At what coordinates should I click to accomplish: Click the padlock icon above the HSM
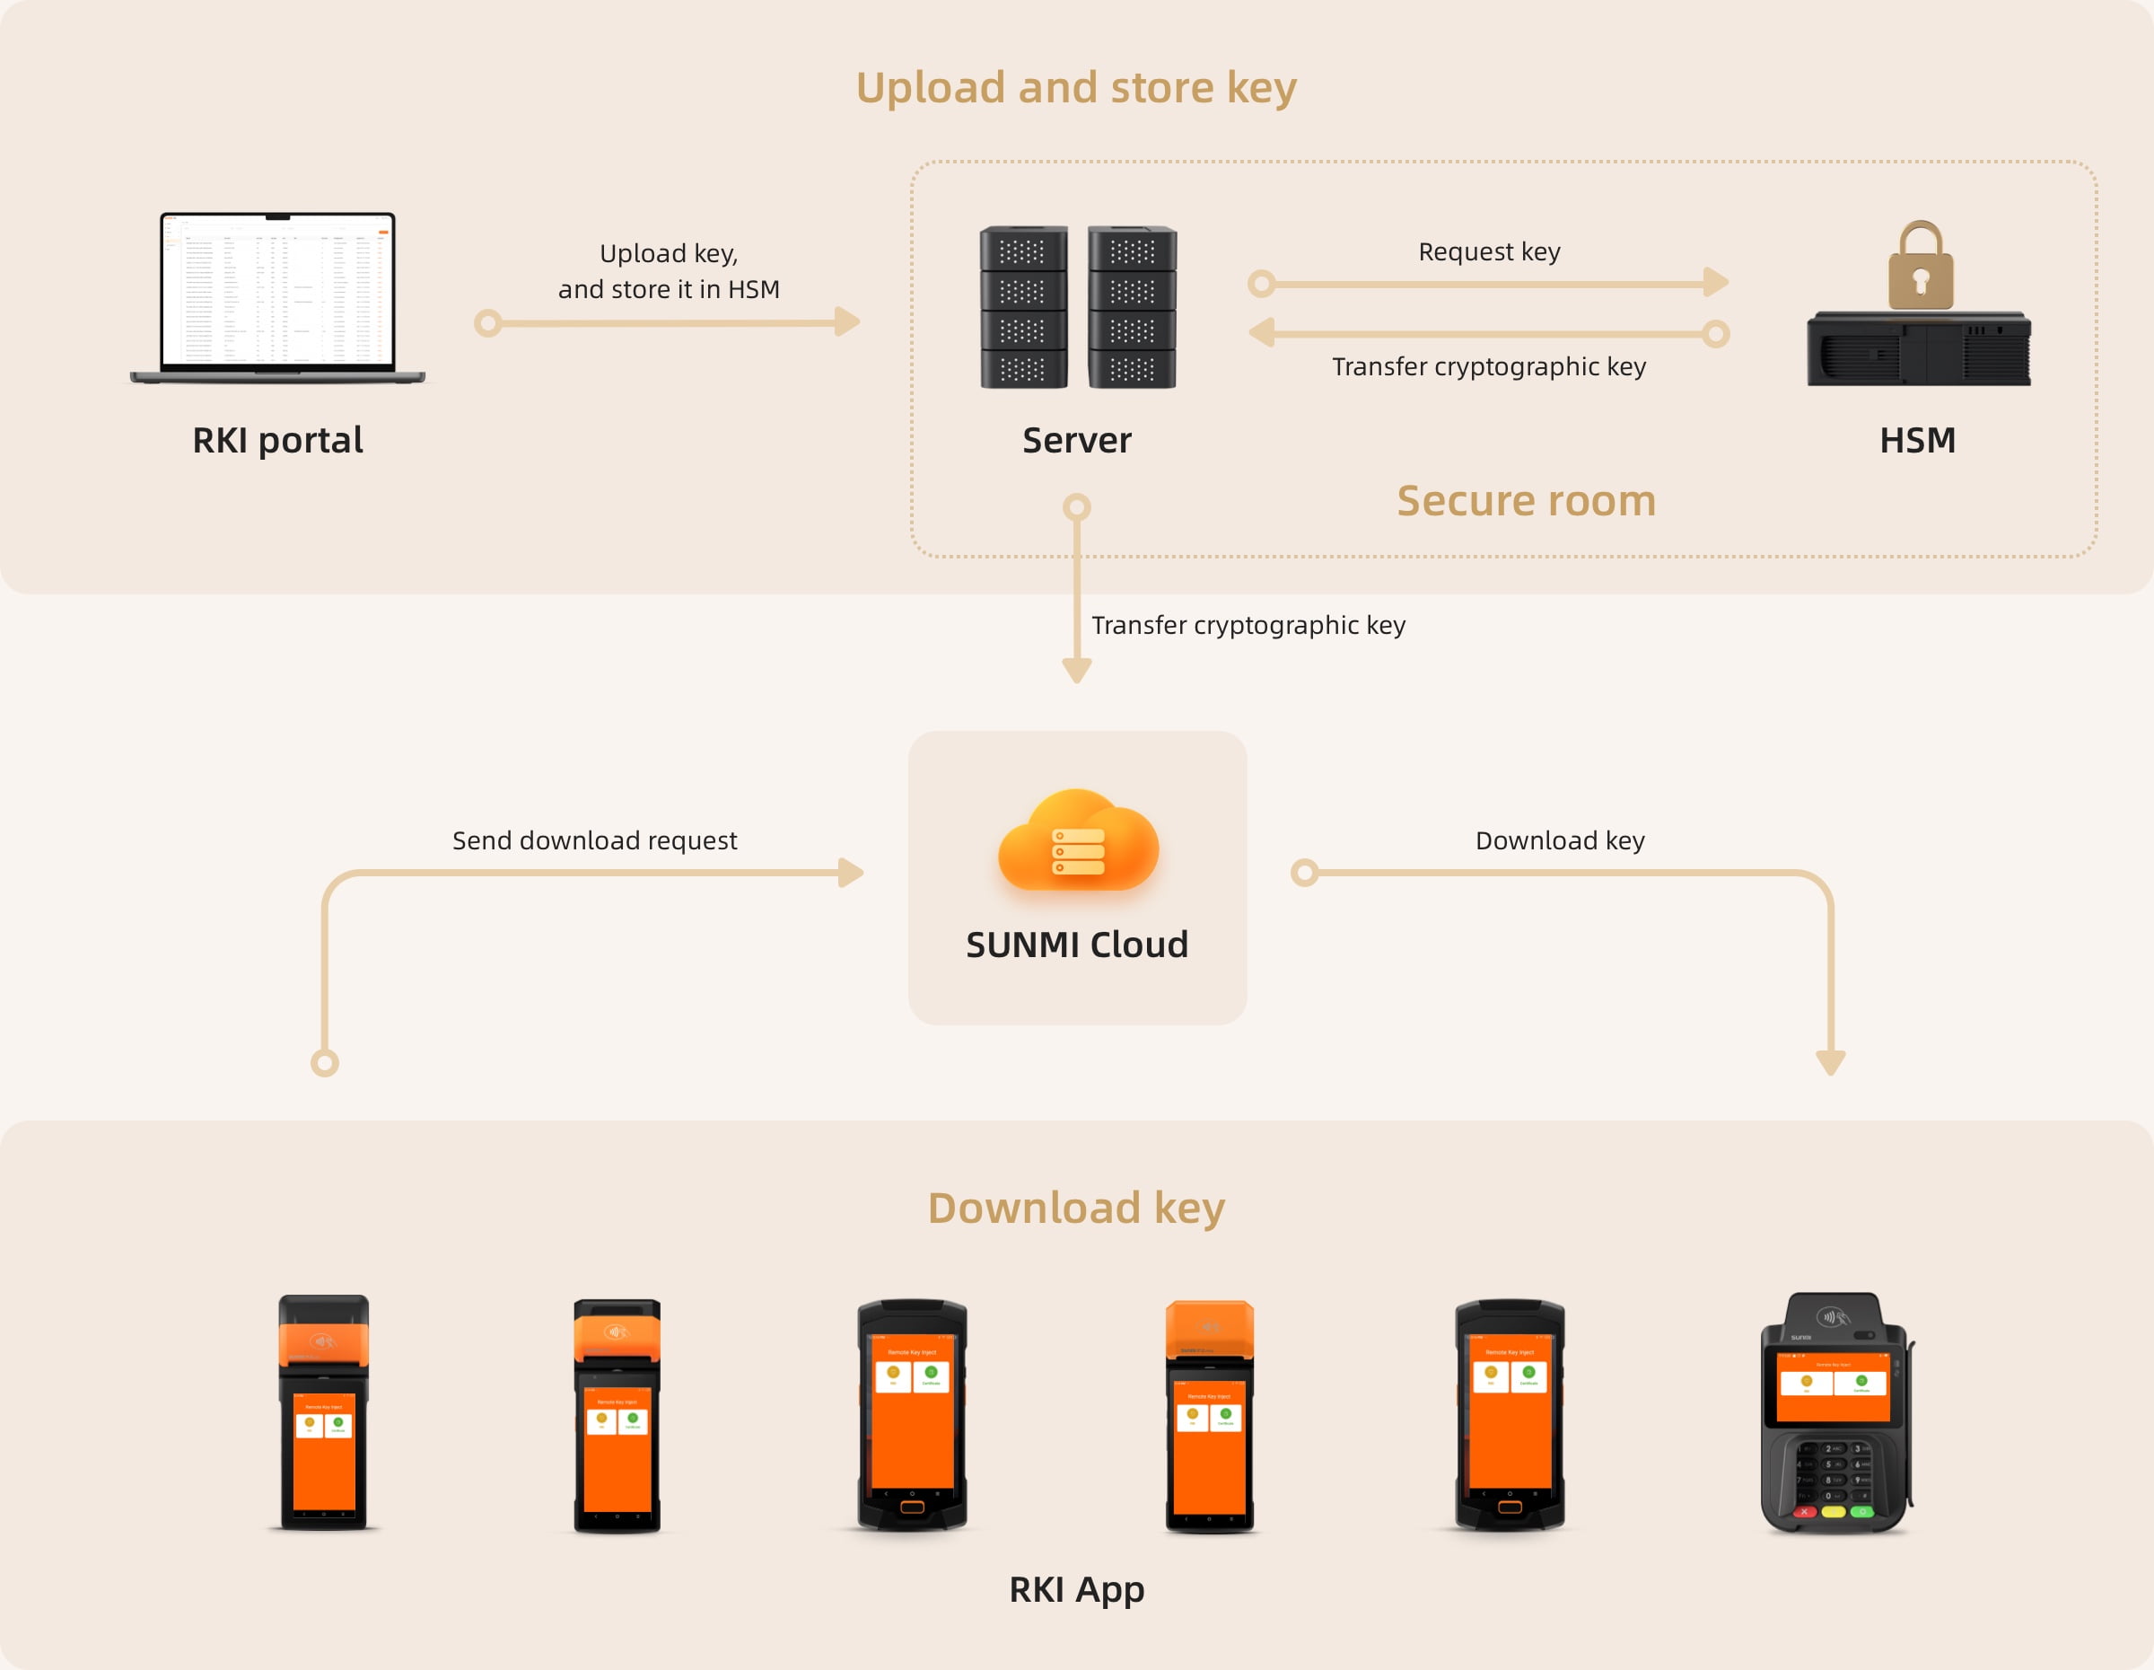tap(1921, 267)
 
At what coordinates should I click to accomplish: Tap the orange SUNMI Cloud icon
tap(1078, 840)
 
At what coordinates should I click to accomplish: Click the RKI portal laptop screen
tap(277, 290)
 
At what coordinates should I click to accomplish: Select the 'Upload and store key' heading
tap(1076, 88)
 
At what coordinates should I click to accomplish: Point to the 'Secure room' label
tap(1526, 501)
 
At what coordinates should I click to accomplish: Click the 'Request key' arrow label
tap(1488, 251)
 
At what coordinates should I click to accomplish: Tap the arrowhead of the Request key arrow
tap(1716, 283)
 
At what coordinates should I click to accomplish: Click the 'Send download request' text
tap(594, 840)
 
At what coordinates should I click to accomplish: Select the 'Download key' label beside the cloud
tap(1559, 840)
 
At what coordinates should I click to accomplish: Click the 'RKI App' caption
tap(1076, 1589)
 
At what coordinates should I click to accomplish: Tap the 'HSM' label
tap(1916, 440)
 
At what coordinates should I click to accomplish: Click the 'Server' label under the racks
tap(1076, 440)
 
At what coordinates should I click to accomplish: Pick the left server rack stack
tap(1024, 307)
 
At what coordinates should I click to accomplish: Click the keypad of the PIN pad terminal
tap(1834, 1473)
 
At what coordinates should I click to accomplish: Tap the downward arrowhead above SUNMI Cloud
tap(1076, 672)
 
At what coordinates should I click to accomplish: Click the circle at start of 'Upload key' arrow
tap(487, 322)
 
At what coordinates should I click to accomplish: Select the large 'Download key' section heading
tap(1076, 1209)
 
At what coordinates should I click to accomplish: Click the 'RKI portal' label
tap(277, 440)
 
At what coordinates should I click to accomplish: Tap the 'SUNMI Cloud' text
tap(1076, 944)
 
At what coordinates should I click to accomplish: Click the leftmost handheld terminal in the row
tap(323, 1412)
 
